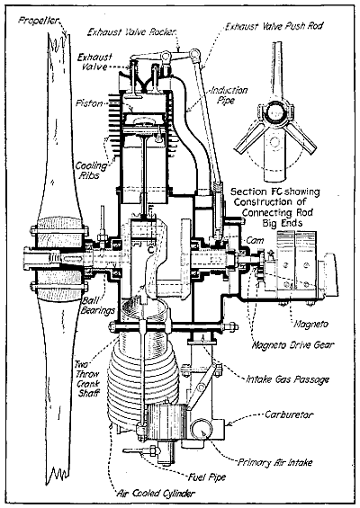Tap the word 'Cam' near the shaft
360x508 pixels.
(254, 241)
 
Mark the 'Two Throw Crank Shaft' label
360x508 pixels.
(85, 376)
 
